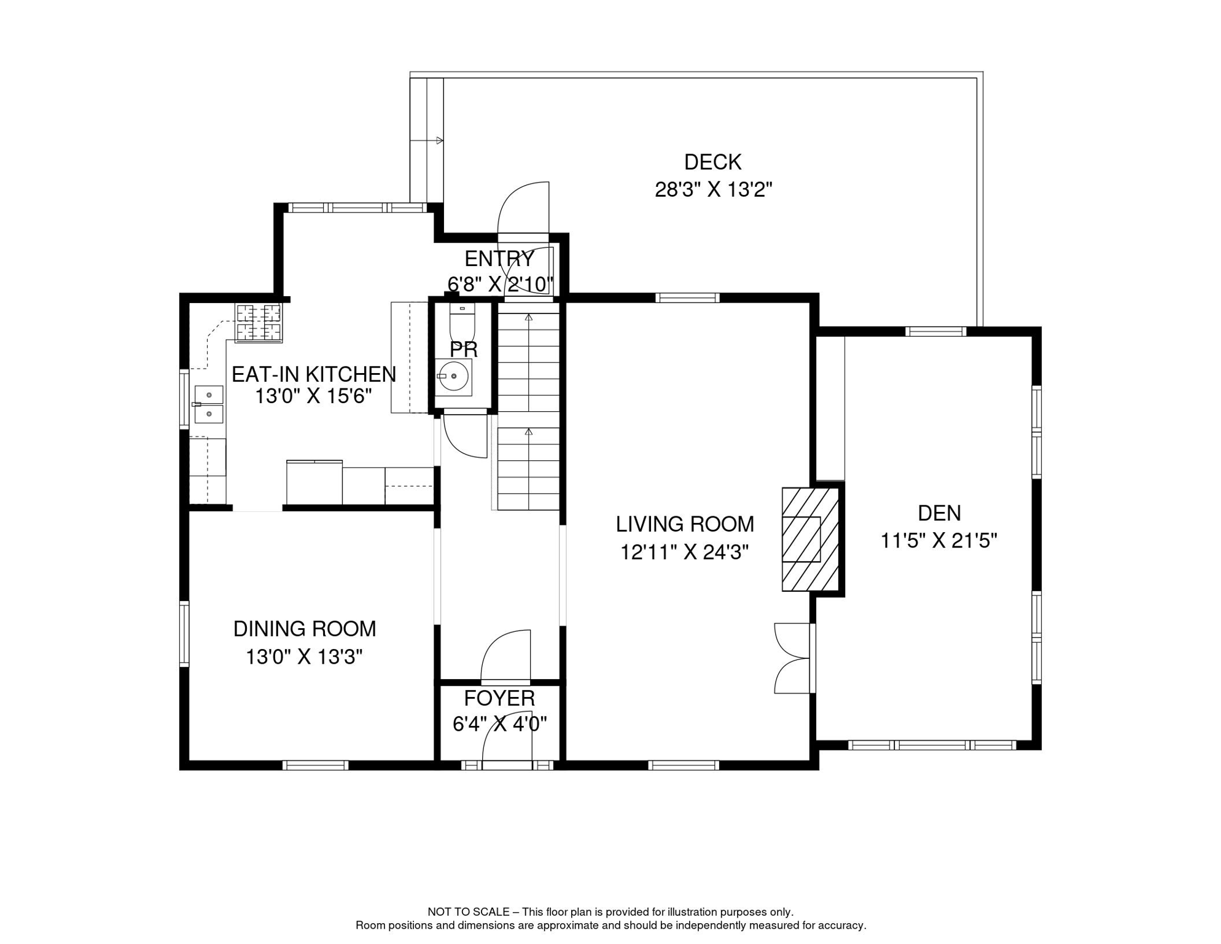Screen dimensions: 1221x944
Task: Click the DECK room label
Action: [712, 162]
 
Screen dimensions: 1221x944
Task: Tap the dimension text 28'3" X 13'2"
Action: [713, 190]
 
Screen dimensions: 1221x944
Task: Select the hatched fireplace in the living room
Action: [810, 539]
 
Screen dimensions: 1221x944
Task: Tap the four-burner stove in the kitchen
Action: [259, 323]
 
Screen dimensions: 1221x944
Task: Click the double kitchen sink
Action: [209, 404]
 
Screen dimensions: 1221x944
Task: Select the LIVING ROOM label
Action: [685, 524]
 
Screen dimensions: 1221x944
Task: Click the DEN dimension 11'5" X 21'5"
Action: [938, 541]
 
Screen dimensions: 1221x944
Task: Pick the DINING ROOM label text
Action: [305, 629]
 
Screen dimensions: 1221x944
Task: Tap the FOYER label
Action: [499, 698]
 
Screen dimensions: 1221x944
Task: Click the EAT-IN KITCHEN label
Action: [313, 374]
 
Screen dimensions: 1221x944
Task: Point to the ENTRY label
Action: [499, 259]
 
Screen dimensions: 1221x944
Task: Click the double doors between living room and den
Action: [792, 658]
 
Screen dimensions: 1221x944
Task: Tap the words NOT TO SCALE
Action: [468, 912]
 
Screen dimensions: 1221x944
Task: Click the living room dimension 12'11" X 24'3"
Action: [684, 553]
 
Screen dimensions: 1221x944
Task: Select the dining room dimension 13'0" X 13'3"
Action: [305, 657]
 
